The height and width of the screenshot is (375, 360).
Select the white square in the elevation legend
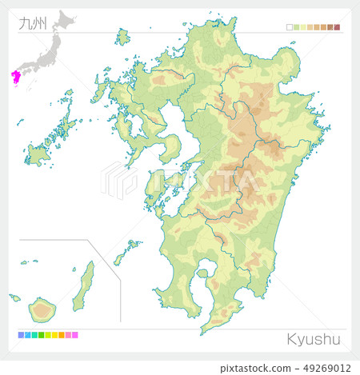289,27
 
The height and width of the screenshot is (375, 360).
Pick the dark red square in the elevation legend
337,27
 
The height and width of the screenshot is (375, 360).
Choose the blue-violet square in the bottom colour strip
20,335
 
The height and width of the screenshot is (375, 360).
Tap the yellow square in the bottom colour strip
48,335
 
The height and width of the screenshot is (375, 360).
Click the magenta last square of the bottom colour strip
75,335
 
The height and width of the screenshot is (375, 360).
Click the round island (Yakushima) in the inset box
42,308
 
